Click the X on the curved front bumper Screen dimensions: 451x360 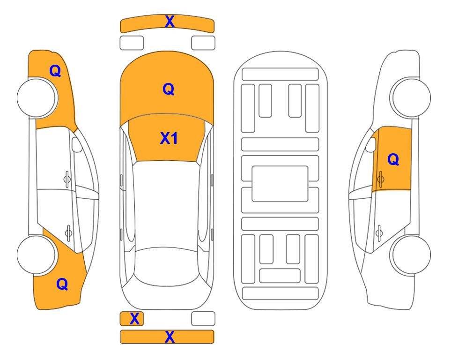point(170,22)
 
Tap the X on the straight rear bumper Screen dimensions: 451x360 point(170,337)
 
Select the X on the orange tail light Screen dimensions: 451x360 point(134,319)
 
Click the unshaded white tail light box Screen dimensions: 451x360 point(203,319)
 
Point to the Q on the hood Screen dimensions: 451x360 point(169,89)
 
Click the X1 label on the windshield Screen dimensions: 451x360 point(169,138)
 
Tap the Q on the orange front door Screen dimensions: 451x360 point(393,159)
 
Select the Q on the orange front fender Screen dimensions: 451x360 point(55,71)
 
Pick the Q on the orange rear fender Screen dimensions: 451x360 point(62,284)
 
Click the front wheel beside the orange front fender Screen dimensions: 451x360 point(37,97)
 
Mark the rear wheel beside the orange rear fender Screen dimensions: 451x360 point(37,255)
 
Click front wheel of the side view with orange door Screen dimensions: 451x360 point(410,97)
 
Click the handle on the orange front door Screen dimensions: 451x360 point(380,179)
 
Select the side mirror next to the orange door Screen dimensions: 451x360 point(371,144)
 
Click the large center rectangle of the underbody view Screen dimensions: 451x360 point(280,184)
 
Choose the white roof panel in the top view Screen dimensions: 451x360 point(167,204)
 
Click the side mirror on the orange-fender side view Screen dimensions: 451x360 point(77,144)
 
